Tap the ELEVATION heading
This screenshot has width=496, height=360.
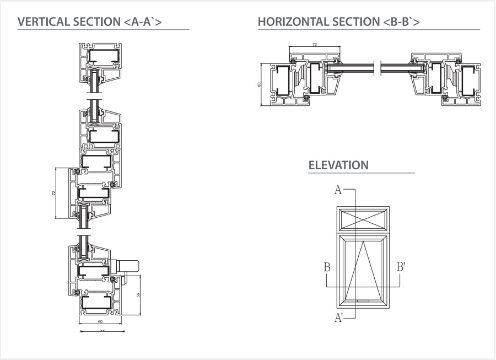point(338,165)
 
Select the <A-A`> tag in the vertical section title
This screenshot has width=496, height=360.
point(141,22)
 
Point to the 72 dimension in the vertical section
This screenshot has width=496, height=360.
point(54,193)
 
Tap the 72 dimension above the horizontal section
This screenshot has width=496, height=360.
point(315,44)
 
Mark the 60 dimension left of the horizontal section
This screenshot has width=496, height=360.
point(258,84)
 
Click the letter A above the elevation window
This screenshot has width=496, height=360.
point(338,190)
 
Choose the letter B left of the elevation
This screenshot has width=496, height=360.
point(327,267)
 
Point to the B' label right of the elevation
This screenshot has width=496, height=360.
point(401,267)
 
